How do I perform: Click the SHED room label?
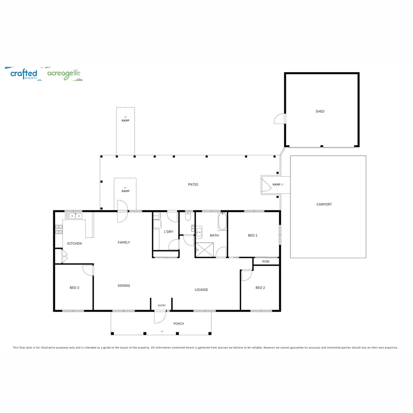point(320,111)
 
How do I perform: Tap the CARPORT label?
point(324,204)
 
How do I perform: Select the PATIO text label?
point(193,184)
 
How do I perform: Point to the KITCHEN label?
point(75,244)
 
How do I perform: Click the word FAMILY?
point(124,242)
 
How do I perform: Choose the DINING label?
point(124,285)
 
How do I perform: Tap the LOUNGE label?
point(201,289)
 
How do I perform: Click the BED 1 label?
point(252,235)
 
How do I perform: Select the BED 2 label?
point(260,288)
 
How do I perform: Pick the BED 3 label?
point(74,288)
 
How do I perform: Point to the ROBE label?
point(266,262)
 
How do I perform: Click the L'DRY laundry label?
point(168,232)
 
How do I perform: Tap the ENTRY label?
point(161,305)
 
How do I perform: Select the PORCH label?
point(179,324)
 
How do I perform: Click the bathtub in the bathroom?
point(223,222)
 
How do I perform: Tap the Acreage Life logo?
point(63,74)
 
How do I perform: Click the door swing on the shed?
point(280,119)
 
